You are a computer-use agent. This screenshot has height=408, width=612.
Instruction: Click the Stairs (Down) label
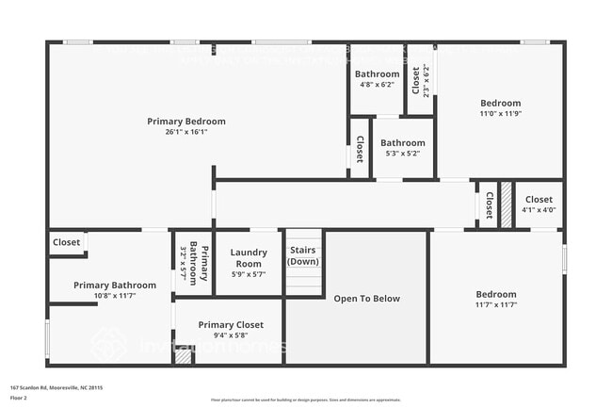pos(303,255)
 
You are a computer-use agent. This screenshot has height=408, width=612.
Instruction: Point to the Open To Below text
pos(367,299)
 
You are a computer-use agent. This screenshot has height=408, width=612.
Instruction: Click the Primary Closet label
pos(231,324)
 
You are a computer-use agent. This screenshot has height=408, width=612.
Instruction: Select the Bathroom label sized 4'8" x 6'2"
pos(377,73)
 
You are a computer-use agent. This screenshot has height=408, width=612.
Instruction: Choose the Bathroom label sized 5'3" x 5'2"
pos(403,143)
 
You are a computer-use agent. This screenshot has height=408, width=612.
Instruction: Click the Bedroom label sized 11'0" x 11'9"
pos(500,103)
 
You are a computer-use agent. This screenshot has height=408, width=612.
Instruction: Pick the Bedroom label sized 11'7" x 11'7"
pos(495,294)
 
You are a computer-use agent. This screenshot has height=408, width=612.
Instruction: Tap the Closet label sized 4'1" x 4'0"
pos(539,199)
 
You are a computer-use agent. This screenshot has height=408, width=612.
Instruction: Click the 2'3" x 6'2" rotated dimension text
pos(427,81)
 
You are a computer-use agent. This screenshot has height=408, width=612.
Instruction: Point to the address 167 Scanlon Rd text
pos(56,387)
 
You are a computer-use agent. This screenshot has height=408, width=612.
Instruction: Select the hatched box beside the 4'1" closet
pos(506,201)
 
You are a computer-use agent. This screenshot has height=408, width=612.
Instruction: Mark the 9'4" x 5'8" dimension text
pos(231,335)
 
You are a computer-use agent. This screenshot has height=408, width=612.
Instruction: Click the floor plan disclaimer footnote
pos(306,400)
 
